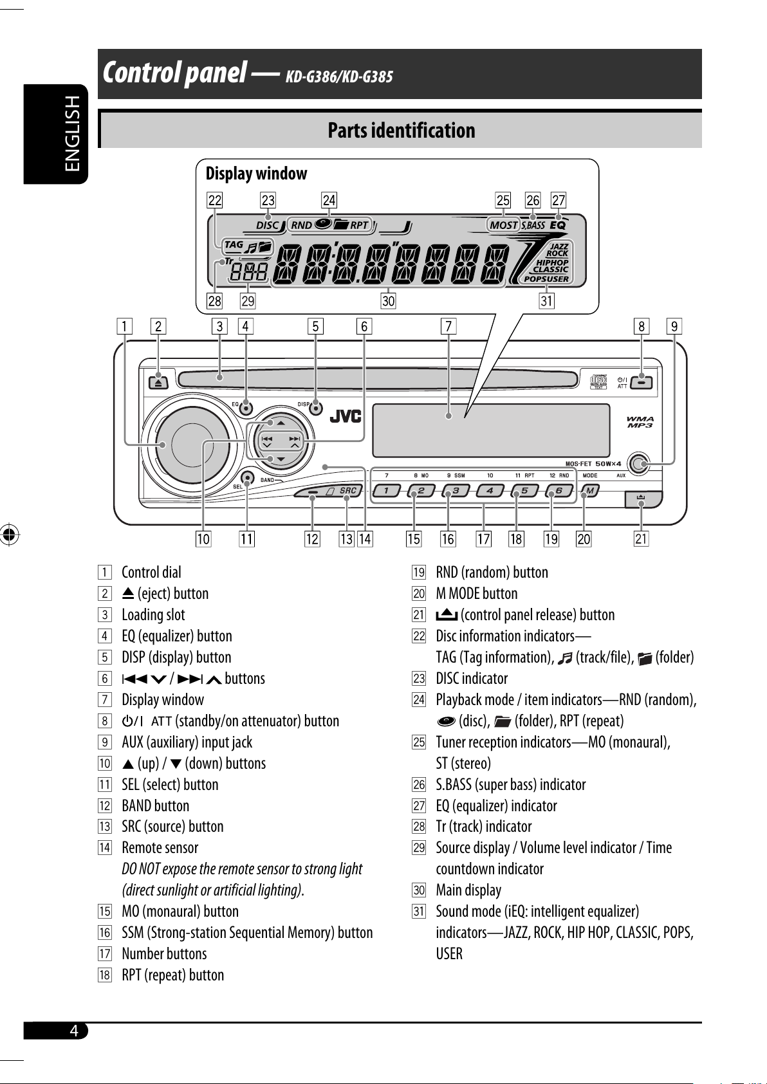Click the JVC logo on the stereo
coord(346,416)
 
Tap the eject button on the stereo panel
coord(159,382)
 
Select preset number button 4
coord(490,491)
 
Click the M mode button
coord(590,491)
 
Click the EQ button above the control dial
coord(246,408)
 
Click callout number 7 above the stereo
coord(448,326)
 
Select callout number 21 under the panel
coord(641,538)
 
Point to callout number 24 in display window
coord(329,200)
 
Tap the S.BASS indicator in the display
coord(533,225)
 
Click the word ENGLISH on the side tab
coord(72,134)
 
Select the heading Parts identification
coord(401,130)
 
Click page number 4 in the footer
coord(74,1031)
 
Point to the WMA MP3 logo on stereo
coord(640,422)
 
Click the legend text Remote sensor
coord(160,847)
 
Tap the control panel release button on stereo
coord(643,499)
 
